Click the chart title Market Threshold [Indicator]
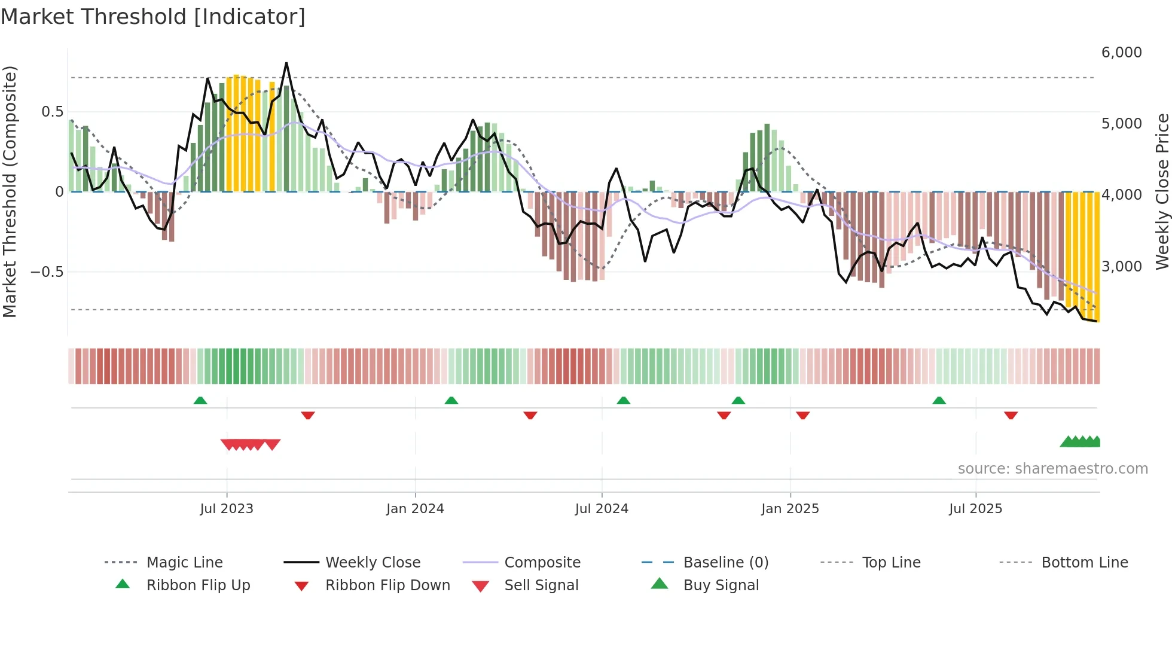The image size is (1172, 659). coord(153,17)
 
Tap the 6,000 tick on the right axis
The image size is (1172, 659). coord(1121,53)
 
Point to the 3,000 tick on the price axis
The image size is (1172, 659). coord(1121,266)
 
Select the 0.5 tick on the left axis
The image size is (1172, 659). coord(53,112)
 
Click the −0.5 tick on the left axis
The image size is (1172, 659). coord(47,272)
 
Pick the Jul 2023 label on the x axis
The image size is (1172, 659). coord(227,509)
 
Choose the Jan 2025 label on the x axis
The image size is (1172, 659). coord(790,509)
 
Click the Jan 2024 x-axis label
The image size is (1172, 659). coord(415,509)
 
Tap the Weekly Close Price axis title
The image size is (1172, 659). coord(1162,191)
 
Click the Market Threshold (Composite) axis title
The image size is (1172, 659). coord(10,191)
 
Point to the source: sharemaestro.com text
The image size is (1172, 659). coord(1052,469)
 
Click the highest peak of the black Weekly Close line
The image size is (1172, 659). coord(286,63)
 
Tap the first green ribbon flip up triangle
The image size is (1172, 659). coord(200,401)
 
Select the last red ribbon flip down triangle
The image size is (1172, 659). coord(1011,415)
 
